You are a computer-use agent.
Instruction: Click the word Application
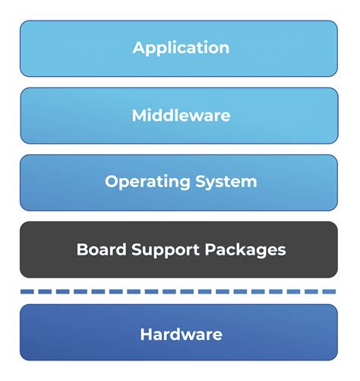point(181,48)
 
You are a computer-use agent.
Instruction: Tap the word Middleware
point(181,116)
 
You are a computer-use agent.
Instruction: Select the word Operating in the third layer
point(145,183)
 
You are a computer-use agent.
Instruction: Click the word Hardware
point(181,334)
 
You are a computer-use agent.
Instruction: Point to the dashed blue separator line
point(179,291)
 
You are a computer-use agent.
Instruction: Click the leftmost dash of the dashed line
point(27,291)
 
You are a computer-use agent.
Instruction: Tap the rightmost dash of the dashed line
point(331,291)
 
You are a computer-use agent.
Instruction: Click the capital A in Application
point(139,48)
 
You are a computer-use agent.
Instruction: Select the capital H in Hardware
point(146,334)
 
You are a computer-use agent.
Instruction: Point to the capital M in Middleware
point(139,116)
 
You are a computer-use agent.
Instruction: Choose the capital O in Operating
point(111,182)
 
